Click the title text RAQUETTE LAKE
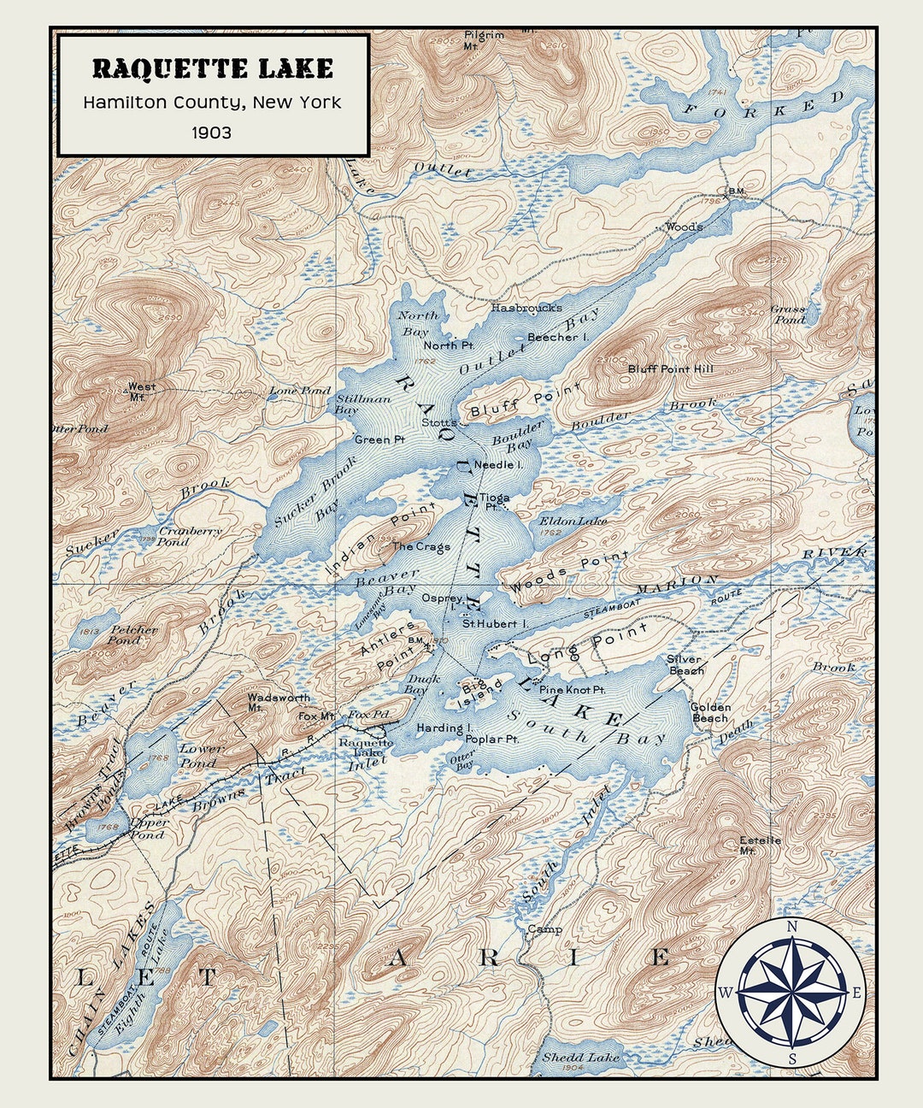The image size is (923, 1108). (x=213, y=68)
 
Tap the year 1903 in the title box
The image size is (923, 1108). (x=211, y=133)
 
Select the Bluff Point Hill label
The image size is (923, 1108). (x=670, y=369)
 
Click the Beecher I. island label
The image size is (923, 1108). (x=558, y=338)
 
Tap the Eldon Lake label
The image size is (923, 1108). (x=573, y=521)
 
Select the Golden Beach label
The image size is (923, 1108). (x=710, y=712)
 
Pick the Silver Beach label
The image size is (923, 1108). (x=685, y=664)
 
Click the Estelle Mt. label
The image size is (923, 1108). (x=760, y=845)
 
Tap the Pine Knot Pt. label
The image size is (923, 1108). (x=572, y=689)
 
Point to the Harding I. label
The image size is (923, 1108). (x=444, y=728)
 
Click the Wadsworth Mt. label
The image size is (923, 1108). (x=279, y=702)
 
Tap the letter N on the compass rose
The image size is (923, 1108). (x=791, y=927)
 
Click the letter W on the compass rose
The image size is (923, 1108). (x=725, y=993)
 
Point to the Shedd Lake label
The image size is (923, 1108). (x=581, y=1058)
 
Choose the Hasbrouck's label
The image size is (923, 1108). (x=526, y=308)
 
